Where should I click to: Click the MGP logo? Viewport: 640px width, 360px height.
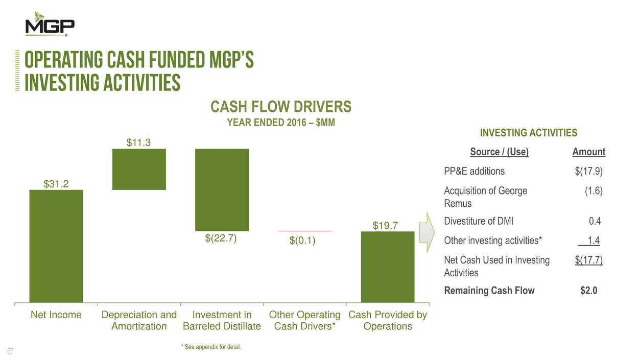50,25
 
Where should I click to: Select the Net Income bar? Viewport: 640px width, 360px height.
56,246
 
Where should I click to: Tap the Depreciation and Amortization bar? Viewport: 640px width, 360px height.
139,169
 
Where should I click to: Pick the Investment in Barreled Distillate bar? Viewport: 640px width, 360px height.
222,190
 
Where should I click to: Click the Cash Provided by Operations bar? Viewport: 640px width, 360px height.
388,267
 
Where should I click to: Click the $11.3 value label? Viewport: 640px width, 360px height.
139,142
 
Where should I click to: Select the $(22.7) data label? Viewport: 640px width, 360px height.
222,238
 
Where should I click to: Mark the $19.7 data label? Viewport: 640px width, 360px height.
387,225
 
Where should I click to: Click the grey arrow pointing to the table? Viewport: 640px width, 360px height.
427,232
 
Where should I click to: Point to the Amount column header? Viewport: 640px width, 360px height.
589,152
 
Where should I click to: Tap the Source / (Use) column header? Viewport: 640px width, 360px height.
499,152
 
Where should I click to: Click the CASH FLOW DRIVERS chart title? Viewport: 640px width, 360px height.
280,107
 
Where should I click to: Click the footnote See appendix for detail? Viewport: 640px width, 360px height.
211,347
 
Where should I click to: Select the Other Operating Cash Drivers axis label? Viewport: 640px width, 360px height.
304,320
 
